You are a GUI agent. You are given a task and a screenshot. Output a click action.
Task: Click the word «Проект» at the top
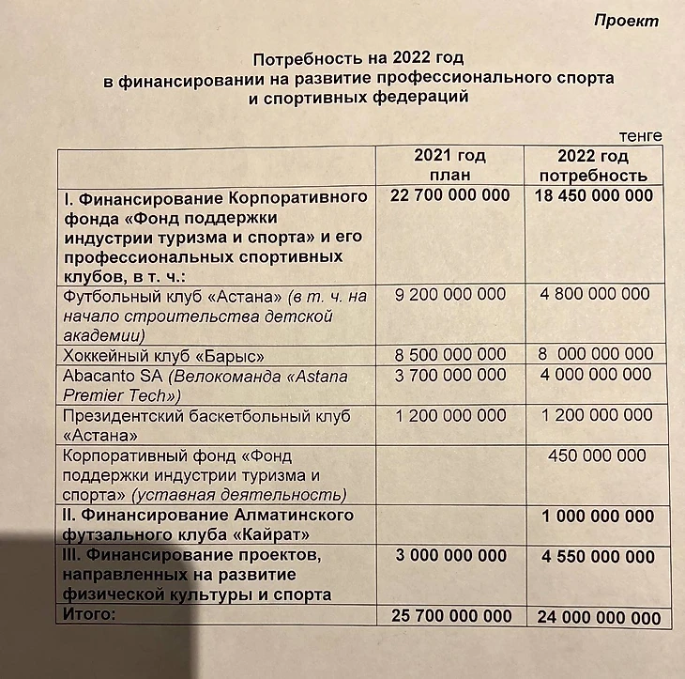pos(627,21)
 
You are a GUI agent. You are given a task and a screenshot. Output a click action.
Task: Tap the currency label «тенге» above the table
pos(640,136)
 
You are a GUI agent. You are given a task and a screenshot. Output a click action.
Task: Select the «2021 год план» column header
pos(449,165)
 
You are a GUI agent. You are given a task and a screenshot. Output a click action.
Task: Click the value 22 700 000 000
pos(449,195)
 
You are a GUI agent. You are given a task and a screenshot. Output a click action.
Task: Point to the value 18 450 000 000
pos(593,195)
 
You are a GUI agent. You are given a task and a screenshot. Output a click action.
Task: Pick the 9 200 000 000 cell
pos(450,294)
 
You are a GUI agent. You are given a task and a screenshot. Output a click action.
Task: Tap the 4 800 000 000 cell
pos(594,294)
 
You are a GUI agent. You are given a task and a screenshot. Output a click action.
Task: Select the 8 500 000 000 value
pos(450,355)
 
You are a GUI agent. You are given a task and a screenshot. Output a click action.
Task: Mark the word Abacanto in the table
pos(95,377)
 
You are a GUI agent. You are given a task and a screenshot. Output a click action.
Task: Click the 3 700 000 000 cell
pos(450,376)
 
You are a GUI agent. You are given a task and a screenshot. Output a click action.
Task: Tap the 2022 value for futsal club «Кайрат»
pos(598,517)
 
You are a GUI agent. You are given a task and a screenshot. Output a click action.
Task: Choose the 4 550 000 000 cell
pos(598,556)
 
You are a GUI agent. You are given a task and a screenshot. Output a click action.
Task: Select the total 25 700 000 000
pos(450,616)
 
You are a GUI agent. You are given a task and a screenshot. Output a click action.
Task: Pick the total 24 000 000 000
pos(598,617)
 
